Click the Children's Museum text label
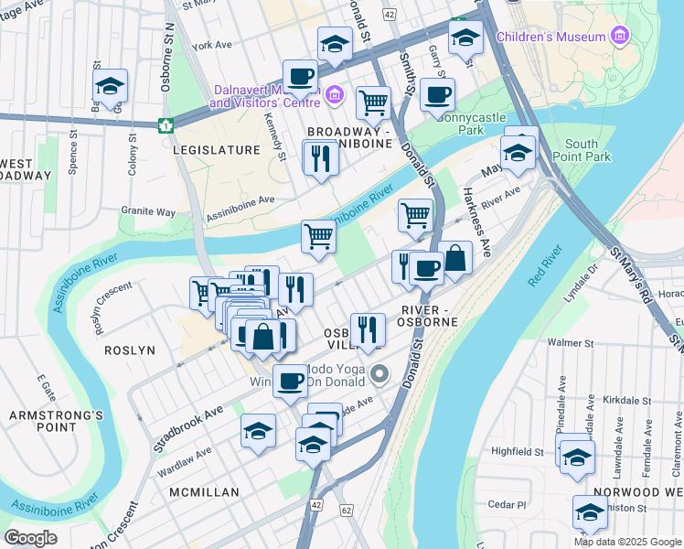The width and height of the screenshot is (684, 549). click(550, 37)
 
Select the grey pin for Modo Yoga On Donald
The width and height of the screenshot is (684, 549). click(382, 373)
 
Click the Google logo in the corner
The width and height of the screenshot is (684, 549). click(31, 538)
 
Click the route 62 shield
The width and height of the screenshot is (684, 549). click(346, 510)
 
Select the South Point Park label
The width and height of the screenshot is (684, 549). click(582, 151)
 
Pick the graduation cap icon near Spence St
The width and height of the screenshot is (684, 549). click(110, 87)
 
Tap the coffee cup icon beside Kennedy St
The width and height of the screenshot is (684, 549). click(299, 77)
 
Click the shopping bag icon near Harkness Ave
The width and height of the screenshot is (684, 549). click(454, 258)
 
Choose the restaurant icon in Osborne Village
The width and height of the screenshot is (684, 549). click(367, 329)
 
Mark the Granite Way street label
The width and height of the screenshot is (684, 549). click(148, 211)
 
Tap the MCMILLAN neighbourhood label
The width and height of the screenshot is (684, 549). click(204, 492)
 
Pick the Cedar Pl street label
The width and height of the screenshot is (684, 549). click(508, 504)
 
